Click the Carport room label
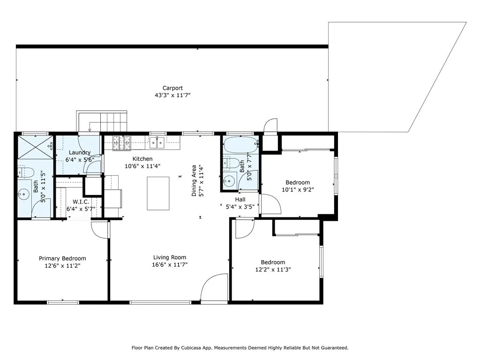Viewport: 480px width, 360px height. pos(172,88)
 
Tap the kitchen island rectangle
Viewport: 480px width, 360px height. pos(158,194)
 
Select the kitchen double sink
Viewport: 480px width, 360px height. pos(157,142)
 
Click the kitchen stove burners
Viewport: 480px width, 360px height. pos(122,143)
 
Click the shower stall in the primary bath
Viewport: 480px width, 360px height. pos(36,147)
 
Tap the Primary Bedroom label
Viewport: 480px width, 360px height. pos(62,259)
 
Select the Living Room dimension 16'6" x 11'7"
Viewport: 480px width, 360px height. pos(170,265)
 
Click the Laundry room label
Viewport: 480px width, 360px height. pos(80,152)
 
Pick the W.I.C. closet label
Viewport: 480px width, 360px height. pos(81,202)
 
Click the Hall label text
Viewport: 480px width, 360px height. pos(240,200)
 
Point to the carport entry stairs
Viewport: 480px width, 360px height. pos(102,121)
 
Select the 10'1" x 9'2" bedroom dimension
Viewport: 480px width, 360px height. pos(298,190)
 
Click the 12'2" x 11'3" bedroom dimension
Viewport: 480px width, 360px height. pos(273,270)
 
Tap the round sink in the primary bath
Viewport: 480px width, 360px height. pos(23,194)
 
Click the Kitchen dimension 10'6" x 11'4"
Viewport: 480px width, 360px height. pos(142,166)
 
